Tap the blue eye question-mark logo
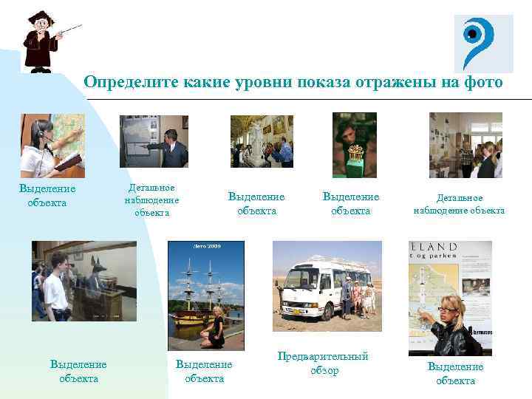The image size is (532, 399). click(482, 43)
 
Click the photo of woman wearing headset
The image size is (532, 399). click(52, 146)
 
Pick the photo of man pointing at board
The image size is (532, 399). click(154, 141)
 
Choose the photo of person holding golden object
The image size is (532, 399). click(354, 145)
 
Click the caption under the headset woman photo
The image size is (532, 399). click(47, 196)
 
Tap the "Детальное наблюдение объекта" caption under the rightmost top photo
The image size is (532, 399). click(459, 204)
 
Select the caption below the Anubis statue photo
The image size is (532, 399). click(78, 371)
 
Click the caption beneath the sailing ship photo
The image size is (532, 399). click(204, 371)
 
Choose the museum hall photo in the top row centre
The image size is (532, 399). click(262, 141)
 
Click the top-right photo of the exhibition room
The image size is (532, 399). click(465, 145)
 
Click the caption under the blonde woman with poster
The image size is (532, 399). click(455, 373)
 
